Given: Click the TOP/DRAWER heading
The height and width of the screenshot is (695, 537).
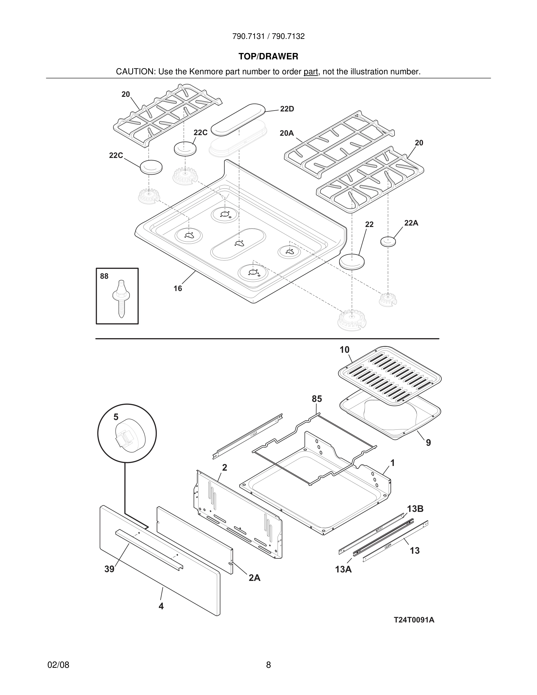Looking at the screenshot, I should pyautogui.click(x=268, y=56).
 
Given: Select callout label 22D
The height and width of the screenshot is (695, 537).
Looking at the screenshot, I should pyautogui.click(x=287, y=109).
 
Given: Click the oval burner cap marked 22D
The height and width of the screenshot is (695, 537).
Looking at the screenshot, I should pyautogui.click(x=238, y=119).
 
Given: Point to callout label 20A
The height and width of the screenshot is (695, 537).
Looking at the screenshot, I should pyautogui.click(x=287, y=133).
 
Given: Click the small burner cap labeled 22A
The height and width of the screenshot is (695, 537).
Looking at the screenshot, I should pyautogui.click(x=388, y=242).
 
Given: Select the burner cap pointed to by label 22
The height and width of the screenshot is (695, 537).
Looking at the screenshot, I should pyautogui.click(x=352, y=262).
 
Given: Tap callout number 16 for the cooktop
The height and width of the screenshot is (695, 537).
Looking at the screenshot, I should pyautogui.click(x=178, y=288).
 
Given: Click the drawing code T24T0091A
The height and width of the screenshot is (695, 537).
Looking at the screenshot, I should pyautogui.click(x=414, y=620).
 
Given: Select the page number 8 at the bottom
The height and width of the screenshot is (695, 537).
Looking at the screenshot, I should pyautogui.click(x=268, y=665).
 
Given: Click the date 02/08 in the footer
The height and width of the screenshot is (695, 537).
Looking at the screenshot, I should pyautogui.click(x=58, y=665).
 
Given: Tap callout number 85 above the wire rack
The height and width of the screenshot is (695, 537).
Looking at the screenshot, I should pyautogui.click(x=316, y=399).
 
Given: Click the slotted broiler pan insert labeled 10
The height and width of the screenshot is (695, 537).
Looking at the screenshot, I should pyautogui.click(x=390, y=376).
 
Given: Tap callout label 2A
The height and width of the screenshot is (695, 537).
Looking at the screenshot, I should pyautogui.click(x=254, y=578).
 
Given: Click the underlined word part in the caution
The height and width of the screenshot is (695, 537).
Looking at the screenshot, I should pyautogui.click(x=311, y=72).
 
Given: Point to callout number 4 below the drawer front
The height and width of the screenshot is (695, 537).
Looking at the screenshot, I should pyautogui.click(x=161, y=606).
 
